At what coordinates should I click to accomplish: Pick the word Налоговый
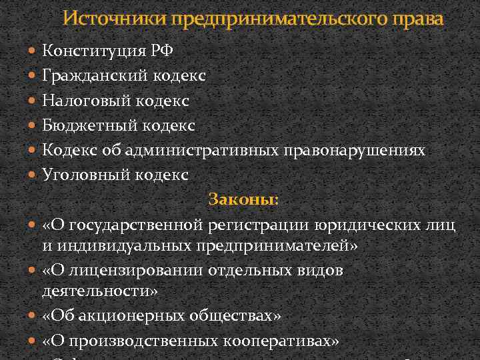[x=87, y=101]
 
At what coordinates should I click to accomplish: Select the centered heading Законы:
[x=243, y=199]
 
